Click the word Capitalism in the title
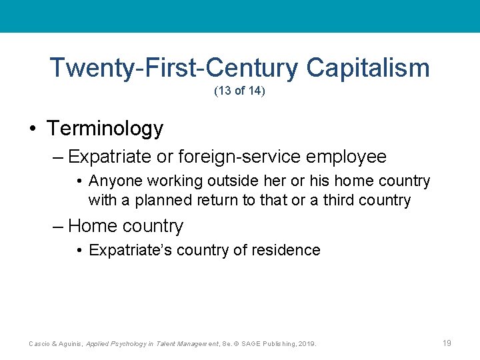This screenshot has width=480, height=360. coord(368,68)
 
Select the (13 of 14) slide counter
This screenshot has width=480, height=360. coord(239,91)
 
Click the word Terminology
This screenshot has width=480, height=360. coord(105,128)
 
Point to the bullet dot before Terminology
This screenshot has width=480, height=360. coord(33,129)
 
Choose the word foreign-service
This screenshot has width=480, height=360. coord(223,157)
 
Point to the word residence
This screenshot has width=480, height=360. coord(291,251)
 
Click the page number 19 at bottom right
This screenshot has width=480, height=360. coord(447,343)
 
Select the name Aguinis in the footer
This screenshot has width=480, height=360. coord(73,343)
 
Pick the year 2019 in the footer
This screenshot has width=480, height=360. coord(307,343)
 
